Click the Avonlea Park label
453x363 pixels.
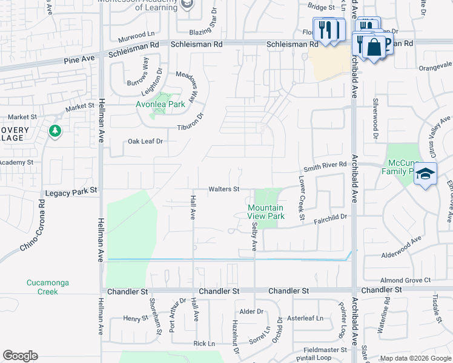coord(160,104)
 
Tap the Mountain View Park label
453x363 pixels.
coord(266,212)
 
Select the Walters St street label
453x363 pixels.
coord(225,189)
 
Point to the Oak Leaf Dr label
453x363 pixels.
coord(146,141)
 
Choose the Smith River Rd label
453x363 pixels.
coord(325,165)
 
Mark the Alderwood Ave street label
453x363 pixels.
coord(401,247)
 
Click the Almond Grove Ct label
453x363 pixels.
coord(405,280)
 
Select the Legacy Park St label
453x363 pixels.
coord(72,191)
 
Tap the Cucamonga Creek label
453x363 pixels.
coord(42,287)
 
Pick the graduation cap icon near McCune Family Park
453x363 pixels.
coord(425,174)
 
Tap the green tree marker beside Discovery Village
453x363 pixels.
coord(55,130)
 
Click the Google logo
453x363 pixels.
coord(20,356)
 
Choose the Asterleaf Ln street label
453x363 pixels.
coord(305,318)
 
